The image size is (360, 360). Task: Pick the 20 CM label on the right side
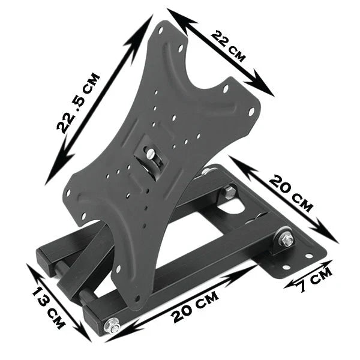pos(290,193)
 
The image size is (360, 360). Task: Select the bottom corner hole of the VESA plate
pos(136,299)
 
